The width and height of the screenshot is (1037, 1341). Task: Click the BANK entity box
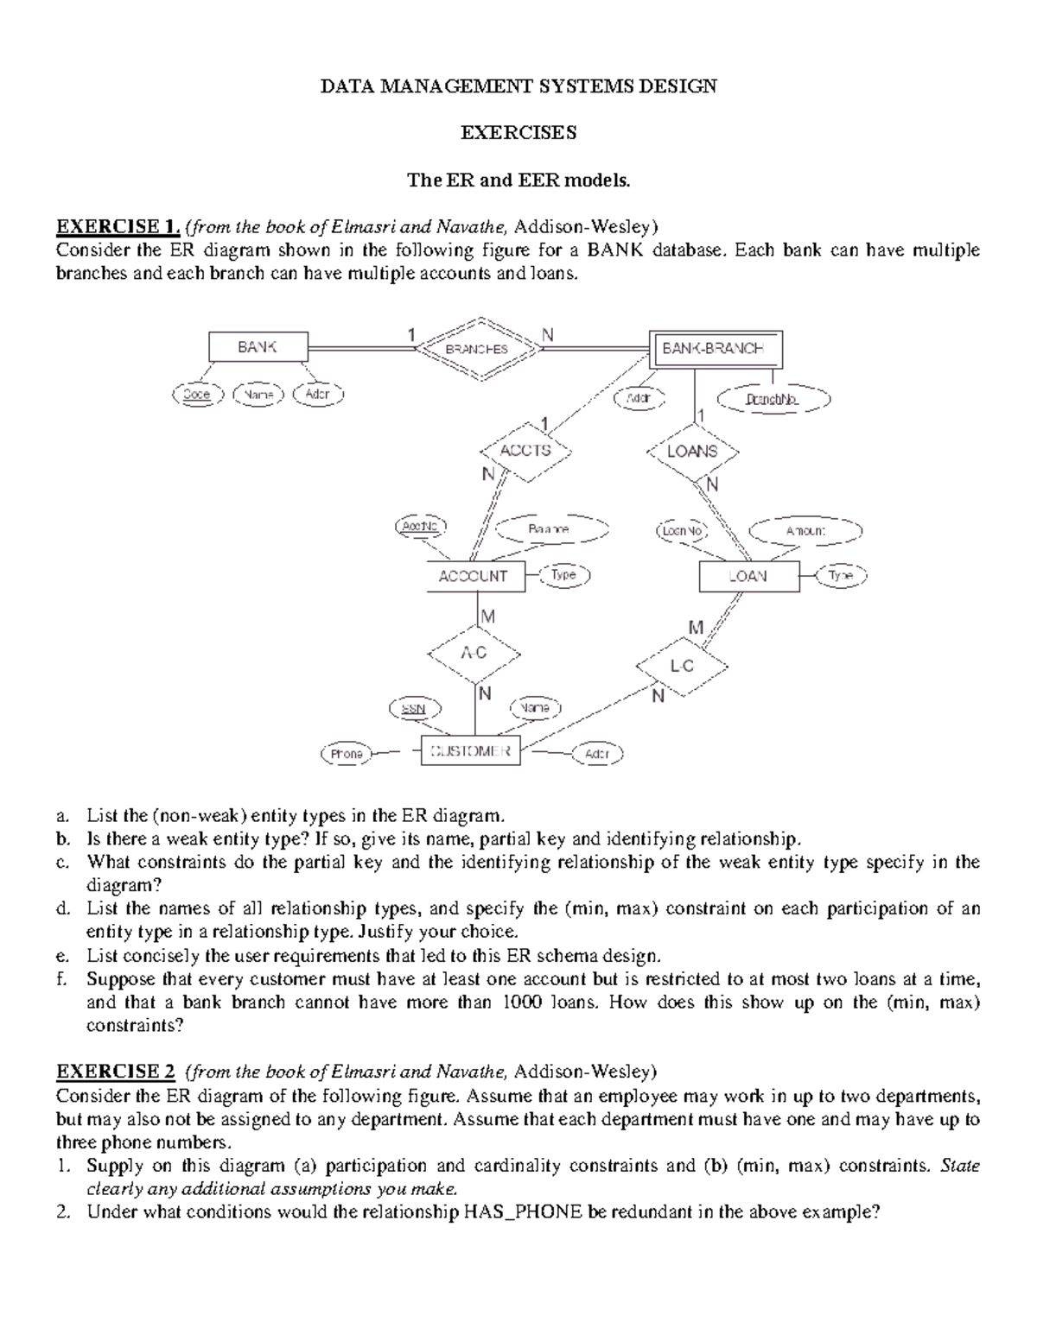pos(258,347)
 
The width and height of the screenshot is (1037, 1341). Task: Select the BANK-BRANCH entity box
pos(716,349)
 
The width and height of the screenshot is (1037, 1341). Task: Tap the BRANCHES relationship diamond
pos(478,349)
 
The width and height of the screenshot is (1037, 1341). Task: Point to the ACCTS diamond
pos(526,451)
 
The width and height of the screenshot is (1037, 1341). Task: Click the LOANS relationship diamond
pos(693,451)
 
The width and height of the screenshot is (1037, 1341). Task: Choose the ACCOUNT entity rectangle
pos(474,576)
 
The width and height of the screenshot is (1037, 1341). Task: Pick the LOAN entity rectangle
pos(748,576)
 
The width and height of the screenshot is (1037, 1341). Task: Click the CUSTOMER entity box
pos(470,751)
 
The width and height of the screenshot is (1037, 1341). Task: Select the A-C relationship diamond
pos(474,654)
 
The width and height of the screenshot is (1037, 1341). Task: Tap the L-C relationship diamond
pos(683,667)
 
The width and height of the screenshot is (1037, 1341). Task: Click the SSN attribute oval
pos(415,708)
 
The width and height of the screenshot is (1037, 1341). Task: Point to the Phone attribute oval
pos(347,754)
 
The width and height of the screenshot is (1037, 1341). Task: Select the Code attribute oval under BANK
pos(198,395)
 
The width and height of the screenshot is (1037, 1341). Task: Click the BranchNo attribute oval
pos(773,400)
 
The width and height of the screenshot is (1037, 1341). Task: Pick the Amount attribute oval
pos(805,531)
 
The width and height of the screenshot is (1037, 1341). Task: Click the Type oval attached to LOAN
pos(841,576)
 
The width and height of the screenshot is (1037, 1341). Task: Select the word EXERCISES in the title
pos(518,133)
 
